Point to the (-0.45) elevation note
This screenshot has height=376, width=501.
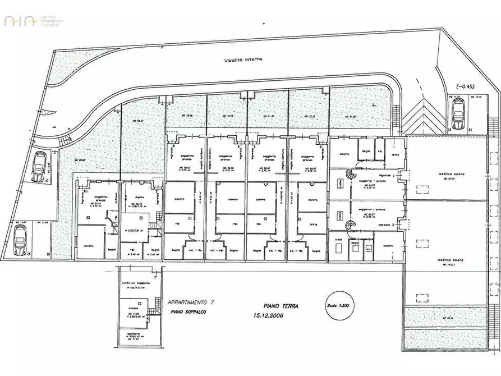466,86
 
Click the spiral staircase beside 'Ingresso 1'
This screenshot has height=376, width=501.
352,176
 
